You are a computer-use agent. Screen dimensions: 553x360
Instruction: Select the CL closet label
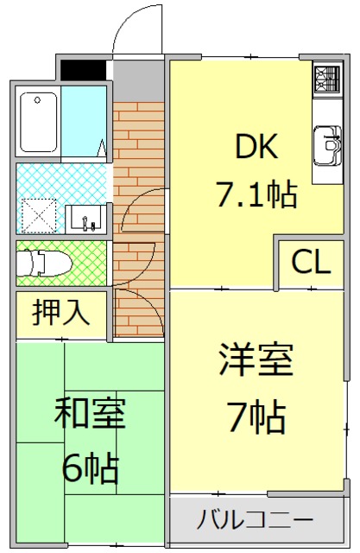310,262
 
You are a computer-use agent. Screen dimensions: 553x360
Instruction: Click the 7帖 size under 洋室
256,419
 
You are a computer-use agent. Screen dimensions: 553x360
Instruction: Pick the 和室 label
90,415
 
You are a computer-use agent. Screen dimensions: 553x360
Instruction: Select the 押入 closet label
61,313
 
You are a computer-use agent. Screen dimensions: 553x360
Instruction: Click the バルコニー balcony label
254,520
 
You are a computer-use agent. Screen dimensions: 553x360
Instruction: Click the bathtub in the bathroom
38,121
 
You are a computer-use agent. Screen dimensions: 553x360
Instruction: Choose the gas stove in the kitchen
327,80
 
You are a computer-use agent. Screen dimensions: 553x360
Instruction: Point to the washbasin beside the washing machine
86,219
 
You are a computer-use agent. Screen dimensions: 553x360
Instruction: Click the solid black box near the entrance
83,68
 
